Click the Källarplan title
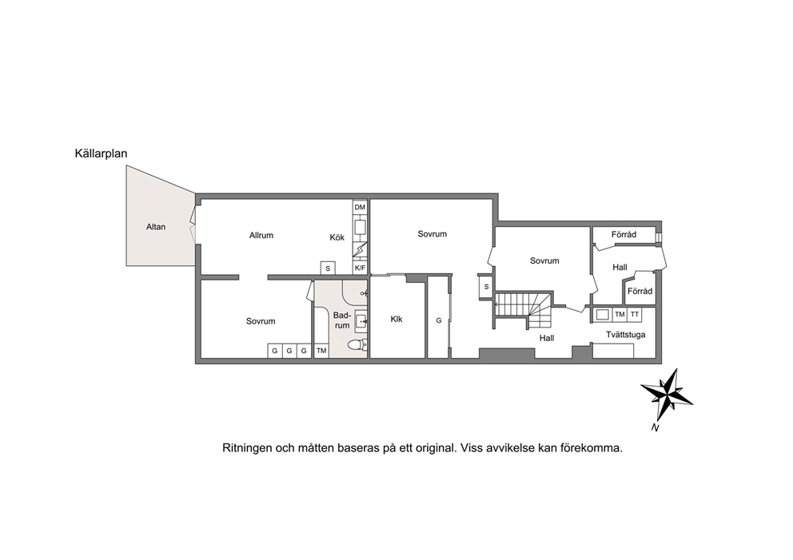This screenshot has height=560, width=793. click(x=102, y=153)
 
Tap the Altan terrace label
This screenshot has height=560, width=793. click(x=156, y=227)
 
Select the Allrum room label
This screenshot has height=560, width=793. click(x=261, y=235)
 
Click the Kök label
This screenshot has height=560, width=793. click(x=337, y=237)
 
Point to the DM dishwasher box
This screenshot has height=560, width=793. click(x=360, y=207)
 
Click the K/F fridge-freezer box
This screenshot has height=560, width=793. click(x=360, y=268)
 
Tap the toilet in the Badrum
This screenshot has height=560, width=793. click(x=357, y=345)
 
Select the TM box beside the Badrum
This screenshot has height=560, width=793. click(x=321, y=351)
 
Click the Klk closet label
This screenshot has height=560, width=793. click(x=396, y=320)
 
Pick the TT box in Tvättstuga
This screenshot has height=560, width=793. click(x=635, y=315)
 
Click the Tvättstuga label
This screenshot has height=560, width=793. click(x=626, y=335)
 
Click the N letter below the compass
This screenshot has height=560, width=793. click(x=656, y=428)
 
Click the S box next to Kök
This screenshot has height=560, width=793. click(x=328, y=268)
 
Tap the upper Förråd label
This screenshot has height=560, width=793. click(x=624, y=235)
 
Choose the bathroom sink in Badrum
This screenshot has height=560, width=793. click(x=361, y=320)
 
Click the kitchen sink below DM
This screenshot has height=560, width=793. click(x=360, y=227)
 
